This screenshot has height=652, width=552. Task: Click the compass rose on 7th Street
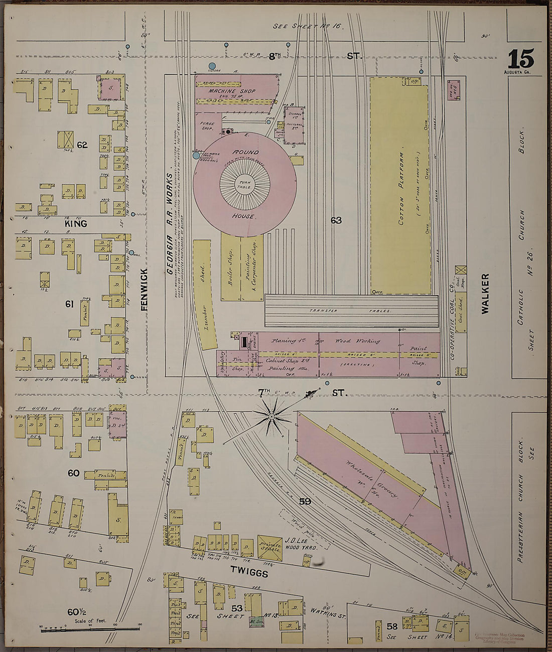[x=271, y=416]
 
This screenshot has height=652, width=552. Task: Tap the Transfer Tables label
[x=351, y=311]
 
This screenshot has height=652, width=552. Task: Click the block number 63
[x=336, y=220]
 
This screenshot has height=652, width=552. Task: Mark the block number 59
[x=305, y=501]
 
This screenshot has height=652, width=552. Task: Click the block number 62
[x=82, y=146]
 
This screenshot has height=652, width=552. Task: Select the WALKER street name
[x=485, y=294]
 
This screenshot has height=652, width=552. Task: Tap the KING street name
[x=75, y=224]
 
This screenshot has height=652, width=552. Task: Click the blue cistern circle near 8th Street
[x=212, y=66]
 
